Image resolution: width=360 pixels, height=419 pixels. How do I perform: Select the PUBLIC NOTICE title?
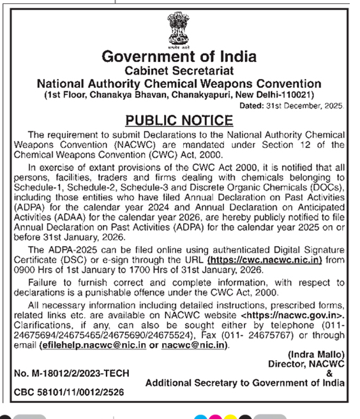[179, 120]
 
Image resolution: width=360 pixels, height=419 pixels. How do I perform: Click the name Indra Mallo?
[317, 355]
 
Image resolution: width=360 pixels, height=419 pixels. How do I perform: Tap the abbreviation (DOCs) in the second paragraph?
[326, 190]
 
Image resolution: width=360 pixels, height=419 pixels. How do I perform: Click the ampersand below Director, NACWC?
[329, 373]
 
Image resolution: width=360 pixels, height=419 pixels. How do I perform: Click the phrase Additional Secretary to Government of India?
[246, 383]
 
